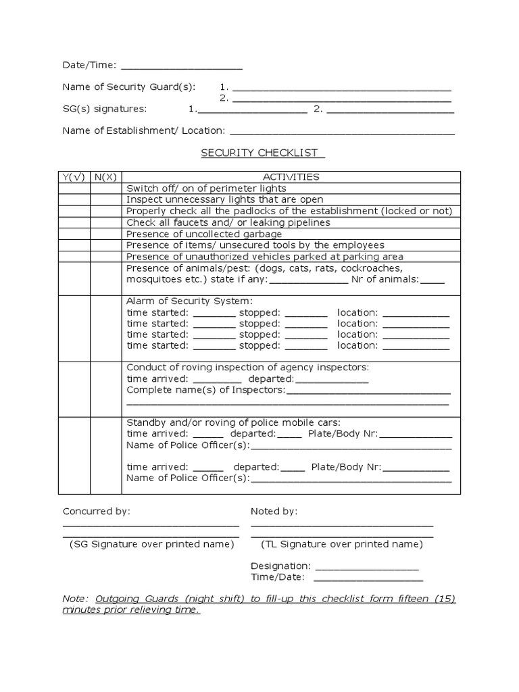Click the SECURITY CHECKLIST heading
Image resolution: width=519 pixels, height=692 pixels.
[262, 153]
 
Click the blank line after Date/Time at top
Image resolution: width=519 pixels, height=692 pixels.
[181, 66]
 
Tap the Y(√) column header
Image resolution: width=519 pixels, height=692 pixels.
[74, 177]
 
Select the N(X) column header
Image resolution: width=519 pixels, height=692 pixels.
[105, 177]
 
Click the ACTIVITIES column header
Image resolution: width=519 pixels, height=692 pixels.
[291, 177]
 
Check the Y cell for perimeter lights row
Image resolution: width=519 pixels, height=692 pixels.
[74, 189]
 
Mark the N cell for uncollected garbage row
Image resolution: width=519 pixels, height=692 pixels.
[105, 234]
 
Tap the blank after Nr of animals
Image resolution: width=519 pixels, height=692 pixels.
[432, 280]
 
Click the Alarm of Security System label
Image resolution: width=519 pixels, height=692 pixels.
[189, 301]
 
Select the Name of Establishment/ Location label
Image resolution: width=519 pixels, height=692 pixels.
[144, 130]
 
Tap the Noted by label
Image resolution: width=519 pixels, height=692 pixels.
[274, 512]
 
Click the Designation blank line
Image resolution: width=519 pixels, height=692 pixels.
[366, 566]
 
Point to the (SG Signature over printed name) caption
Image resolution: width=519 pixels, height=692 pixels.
[151, 544]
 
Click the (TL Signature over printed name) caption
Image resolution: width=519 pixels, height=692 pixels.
[341, 544]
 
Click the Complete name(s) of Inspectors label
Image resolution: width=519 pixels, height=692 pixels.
[206, 390]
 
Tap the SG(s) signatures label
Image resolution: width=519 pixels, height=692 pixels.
[104, 109]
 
